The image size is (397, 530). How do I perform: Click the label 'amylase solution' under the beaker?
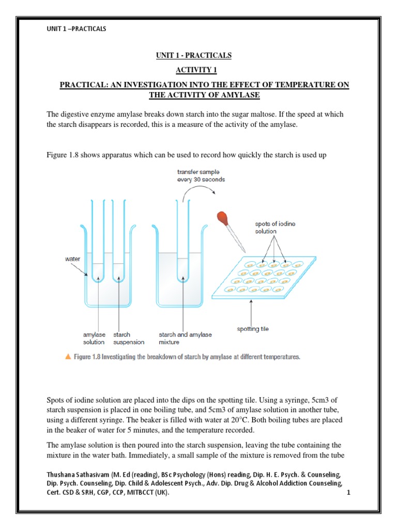point(94,338)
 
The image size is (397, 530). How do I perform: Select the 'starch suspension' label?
point(129,338)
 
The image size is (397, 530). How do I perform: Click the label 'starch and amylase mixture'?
point(186,338)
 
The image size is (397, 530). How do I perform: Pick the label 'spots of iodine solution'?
point(275,227)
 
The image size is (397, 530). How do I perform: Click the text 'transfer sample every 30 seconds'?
point(198,176)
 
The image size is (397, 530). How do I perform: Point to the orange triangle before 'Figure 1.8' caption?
point(68,357)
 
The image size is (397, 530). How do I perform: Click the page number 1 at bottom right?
point(349,493)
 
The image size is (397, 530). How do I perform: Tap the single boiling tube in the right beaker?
point(181,243)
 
